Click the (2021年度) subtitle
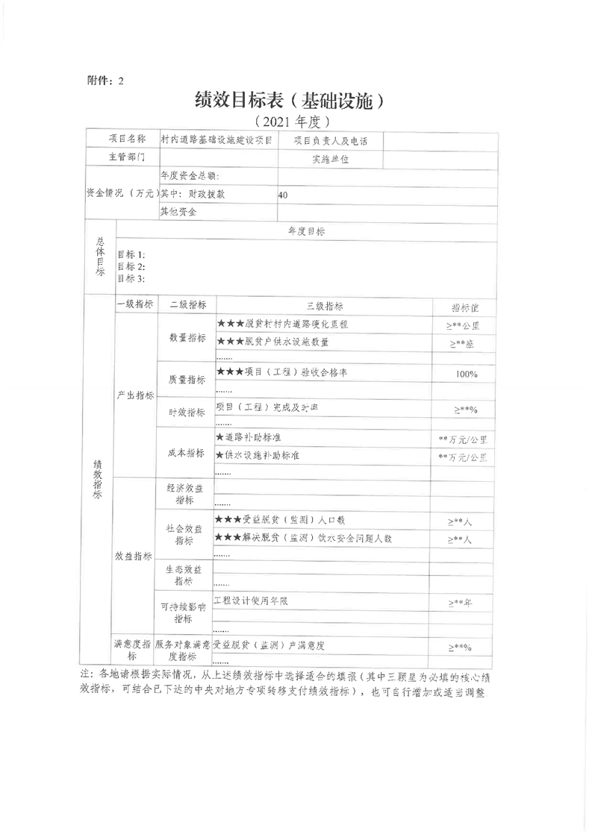coord(291,120)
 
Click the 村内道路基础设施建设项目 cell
coord(216,139)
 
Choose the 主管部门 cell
coord(121,158)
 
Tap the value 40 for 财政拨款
coord(282,195)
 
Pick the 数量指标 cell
coord(187,337)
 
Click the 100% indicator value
coord(467,374)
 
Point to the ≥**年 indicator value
coord(460,603)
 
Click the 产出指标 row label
coord(135,395)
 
